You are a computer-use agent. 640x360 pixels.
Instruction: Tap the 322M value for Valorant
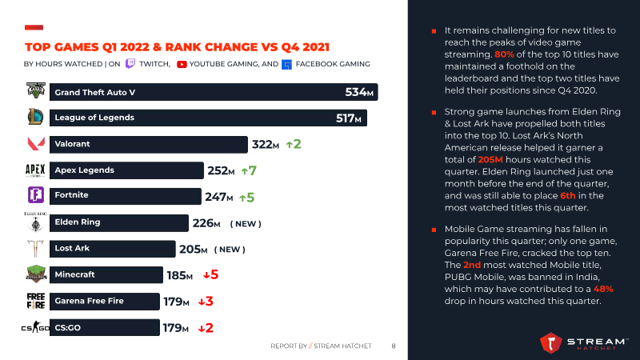(266, 145)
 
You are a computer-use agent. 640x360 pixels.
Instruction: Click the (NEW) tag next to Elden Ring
(246, 223)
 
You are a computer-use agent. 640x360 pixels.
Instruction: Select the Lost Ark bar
(112, 249)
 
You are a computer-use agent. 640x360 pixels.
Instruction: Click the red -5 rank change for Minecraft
(210, 275)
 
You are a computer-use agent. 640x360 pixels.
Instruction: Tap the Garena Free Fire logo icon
(35, 302)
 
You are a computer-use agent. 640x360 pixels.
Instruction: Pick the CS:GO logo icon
(35, 327)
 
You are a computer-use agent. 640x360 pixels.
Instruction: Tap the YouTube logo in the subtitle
(182, 64)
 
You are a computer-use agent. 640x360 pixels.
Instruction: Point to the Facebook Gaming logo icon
(287, 64)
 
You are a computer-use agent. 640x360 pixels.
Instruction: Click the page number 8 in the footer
(393, 346)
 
